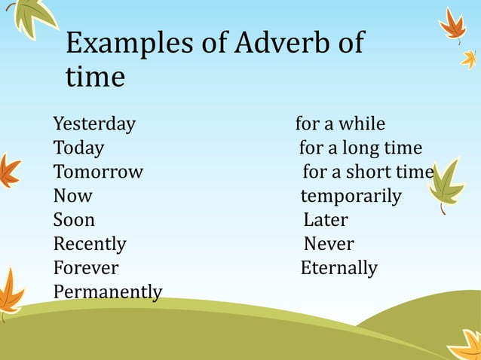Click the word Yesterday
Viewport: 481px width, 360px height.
94,124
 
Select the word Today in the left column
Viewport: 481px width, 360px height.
78,148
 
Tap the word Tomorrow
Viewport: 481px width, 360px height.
98,172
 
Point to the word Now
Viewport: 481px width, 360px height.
72,197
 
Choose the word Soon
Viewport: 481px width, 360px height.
74,221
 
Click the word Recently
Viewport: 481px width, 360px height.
90,245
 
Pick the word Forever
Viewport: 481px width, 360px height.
86,269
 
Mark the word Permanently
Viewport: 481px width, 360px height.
108,292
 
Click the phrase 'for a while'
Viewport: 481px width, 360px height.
340,124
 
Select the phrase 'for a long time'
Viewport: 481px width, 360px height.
360,148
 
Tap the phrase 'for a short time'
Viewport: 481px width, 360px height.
368,172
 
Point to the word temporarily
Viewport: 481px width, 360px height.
351,197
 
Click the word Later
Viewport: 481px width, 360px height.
326,221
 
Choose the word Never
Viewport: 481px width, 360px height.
329,245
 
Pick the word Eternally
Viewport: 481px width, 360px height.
339,269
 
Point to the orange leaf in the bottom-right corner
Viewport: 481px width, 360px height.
466,345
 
